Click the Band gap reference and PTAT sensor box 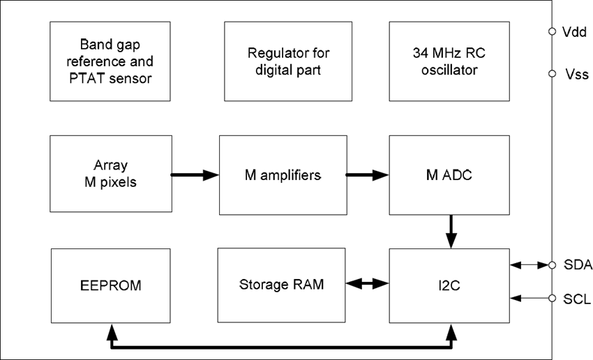111,61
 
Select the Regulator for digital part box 287,61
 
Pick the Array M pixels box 111,174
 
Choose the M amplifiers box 283,175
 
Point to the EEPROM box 111,284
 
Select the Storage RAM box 281,284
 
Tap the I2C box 449,284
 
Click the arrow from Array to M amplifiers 195,175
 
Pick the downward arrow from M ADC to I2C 451,231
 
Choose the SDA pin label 577,265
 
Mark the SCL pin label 577,299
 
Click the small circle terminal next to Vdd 552,31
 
